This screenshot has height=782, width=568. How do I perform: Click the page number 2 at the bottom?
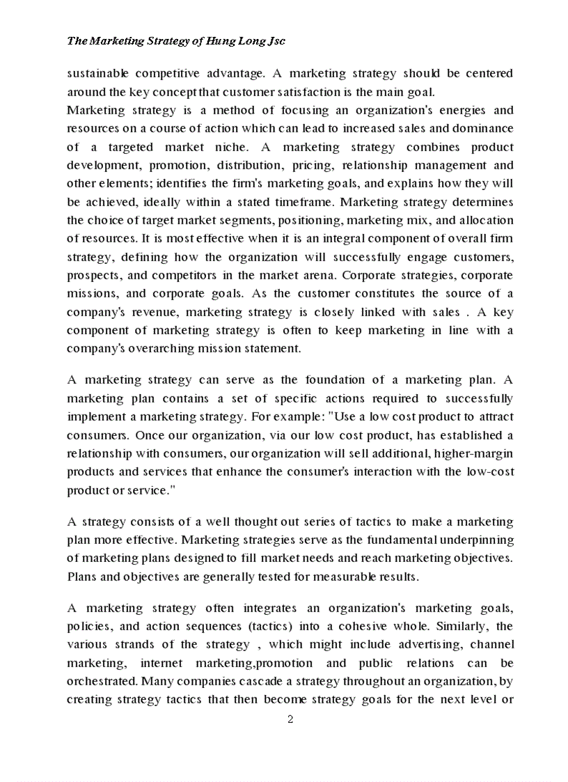point(290,719)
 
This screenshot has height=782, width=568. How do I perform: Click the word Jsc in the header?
point(276,41)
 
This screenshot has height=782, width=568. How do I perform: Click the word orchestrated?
point(99,681)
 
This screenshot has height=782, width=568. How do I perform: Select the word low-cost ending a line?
point(489,472)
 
